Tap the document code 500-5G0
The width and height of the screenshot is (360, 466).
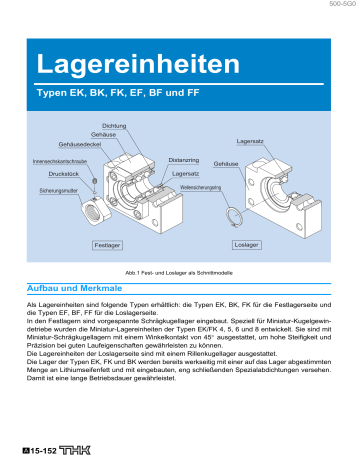click(336, 6)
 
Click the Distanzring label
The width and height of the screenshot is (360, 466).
click(183, 158)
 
